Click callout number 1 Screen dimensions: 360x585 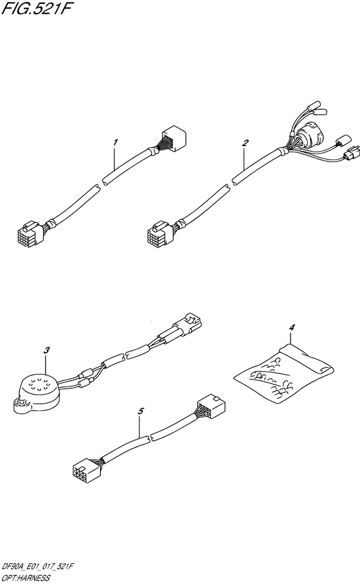(116, 142)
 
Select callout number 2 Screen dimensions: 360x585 (245, 143)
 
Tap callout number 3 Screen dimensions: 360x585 (47, 350)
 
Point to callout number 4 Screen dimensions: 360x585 (292, 327)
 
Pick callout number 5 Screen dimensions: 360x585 (141, 411)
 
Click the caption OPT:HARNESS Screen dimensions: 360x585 (26, 579)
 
